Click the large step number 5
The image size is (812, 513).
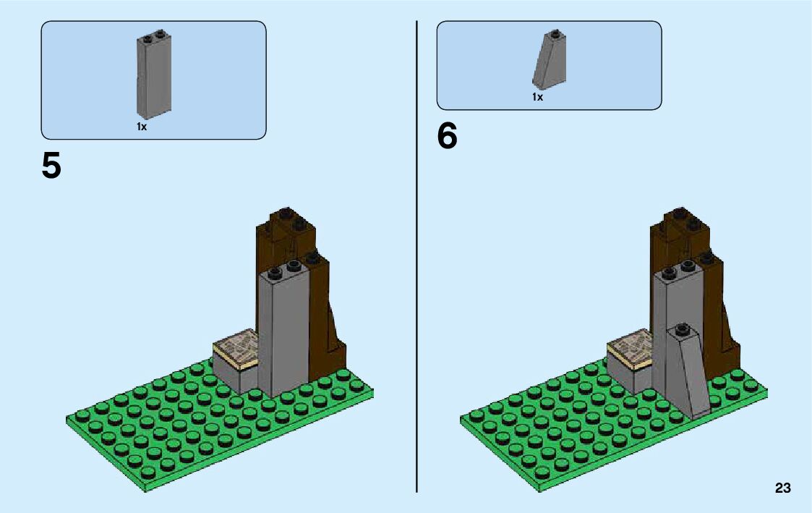coord(51,166)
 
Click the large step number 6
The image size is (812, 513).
coord(447,137)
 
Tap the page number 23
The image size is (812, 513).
coord(782,488)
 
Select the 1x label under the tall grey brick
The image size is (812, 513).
coord(142,127)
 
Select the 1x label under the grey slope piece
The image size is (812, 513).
coord(537,97)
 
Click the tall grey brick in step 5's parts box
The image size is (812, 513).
coord(153,75)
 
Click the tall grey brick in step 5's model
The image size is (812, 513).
coord(283,333)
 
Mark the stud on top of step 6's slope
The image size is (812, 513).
coord(681,328)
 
